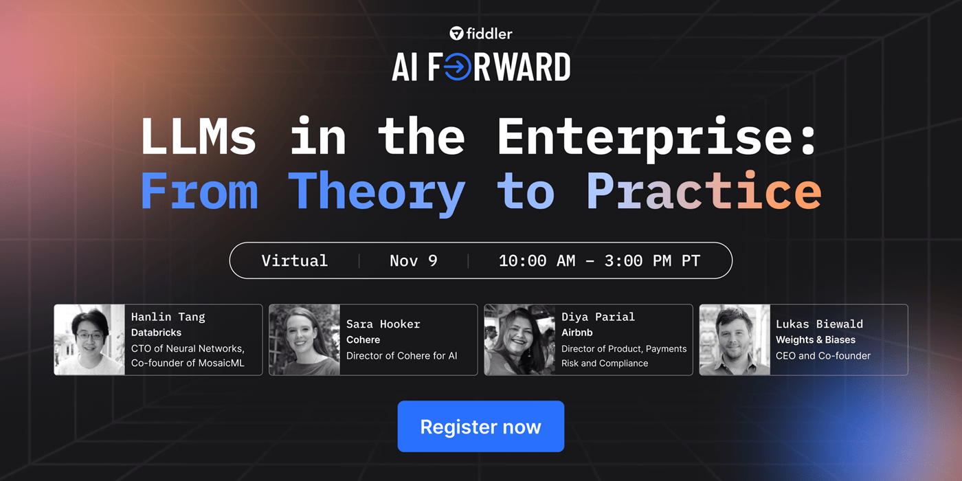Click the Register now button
point(480,427)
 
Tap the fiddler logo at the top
point(481,33)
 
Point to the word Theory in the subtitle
point(376,192)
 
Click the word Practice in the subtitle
point(704,192)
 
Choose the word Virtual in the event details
point(294,261)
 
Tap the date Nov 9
point(413,261)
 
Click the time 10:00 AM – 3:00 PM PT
point(599,261)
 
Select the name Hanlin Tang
point(168,317)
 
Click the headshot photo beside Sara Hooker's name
point(304,340)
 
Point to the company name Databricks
point(156,333)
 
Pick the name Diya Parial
point(598,317)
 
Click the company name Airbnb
point(578,333)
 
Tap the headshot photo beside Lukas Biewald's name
point(735,340)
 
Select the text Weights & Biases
point(816,340)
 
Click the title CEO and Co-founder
point(823,356)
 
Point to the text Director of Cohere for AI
point(401,356)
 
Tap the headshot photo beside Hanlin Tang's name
point(89,340)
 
